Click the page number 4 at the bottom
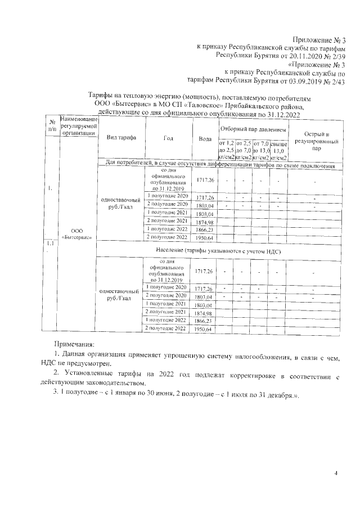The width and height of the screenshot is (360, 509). (335, 473)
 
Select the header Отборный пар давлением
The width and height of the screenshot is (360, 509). (253, 129)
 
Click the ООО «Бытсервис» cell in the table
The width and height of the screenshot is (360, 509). (78, 233)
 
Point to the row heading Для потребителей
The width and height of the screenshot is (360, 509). (217, 166)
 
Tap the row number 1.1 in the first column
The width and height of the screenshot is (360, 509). (51, 244)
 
